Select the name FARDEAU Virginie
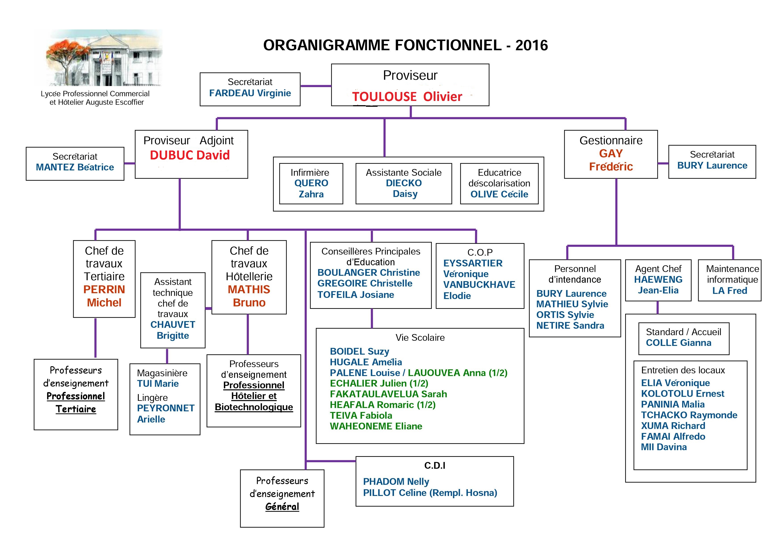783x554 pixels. coord(250,93)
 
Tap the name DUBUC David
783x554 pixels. coord(190,155)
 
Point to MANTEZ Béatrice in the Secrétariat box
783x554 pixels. coord(75,167)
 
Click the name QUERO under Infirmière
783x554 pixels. coord(311,183)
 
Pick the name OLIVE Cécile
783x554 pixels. coord(499,194)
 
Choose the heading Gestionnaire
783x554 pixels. coord(611,140)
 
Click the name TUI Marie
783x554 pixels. coord(158,384)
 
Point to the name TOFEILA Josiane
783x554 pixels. coord(356,295)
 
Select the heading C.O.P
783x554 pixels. coord(480,253)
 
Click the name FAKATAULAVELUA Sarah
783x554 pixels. coord(388,394)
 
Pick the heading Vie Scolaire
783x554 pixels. coord(420,338)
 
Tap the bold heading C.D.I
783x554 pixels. coord(435,466)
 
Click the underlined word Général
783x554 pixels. coord(282,507)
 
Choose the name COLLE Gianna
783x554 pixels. coord(679,343)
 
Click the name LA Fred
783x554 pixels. coord(730,291)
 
